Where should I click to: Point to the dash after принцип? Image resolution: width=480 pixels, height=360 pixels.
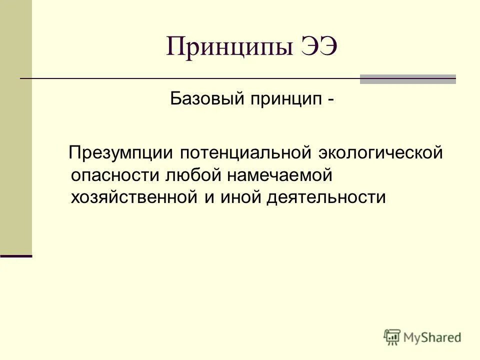[x=330, y=99]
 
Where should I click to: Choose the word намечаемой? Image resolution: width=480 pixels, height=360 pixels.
[x=280, y=175]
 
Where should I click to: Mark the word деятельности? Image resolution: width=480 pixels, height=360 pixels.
[x=326, y=197]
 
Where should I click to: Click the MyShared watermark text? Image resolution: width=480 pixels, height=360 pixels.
[x=432, y=337]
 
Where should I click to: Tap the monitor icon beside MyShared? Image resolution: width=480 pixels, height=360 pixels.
[x=392, y=337]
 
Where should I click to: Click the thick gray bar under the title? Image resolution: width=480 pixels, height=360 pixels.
[x=407, y=79]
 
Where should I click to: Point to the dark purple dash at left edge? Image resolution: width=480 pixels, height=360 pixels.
[x=16, y=255]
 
